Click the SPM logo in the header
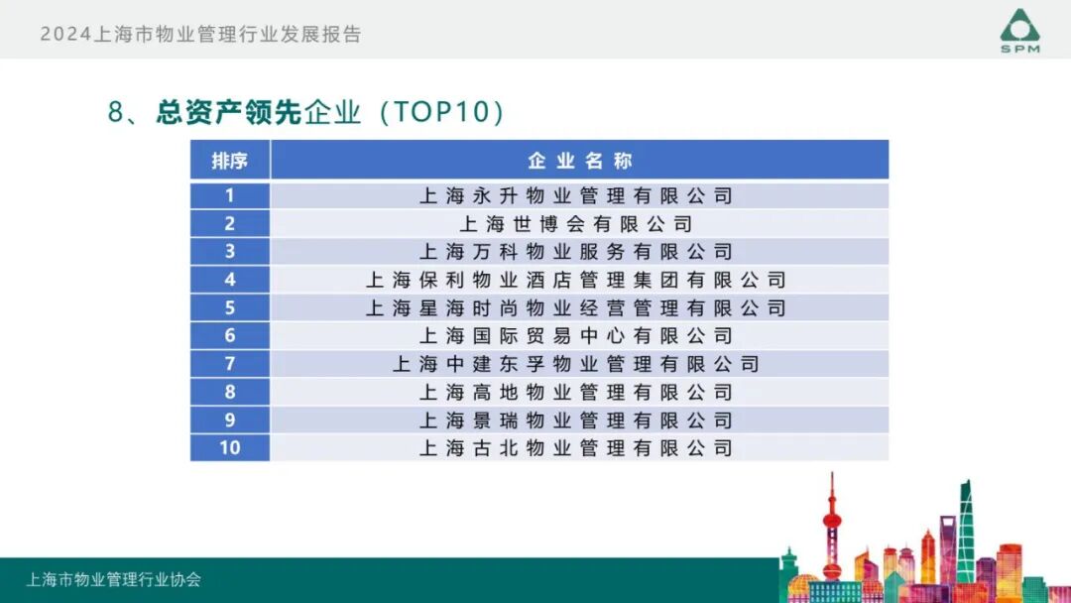click(x=1019, y=31)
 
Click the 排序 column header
click(x=229, y=161)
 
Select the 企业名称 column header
click(x=579, y=161)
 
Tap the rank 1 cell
click(x=229, y=195)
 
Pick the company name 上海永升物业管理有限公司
click(x=576, y=196)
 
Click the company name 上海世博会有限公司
click(x=576, y=224)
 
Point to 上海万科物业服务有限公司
click(x=576, y=252)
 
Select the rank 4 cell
click(x=229, y=280)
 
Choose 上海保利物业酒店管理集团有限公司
click(x=576, y=281)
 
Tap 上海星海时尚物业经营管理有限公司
click(x=576, y=308)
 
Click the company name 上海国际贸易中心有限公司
click(x=576, y=336)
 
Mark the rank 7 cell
click(x=229, y=364)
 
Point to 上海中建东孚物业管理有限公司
click(x=576, y=364)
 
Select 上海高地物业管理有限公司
click(x=576, y=392)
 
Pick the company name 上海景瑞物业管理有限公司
click(x=576, y=421)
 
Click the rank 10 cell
click(x=229, y=448)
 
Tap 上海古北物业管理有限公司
click(x=576, y=448)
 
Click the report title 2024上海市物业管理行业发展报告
click(x=200, y=35)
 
